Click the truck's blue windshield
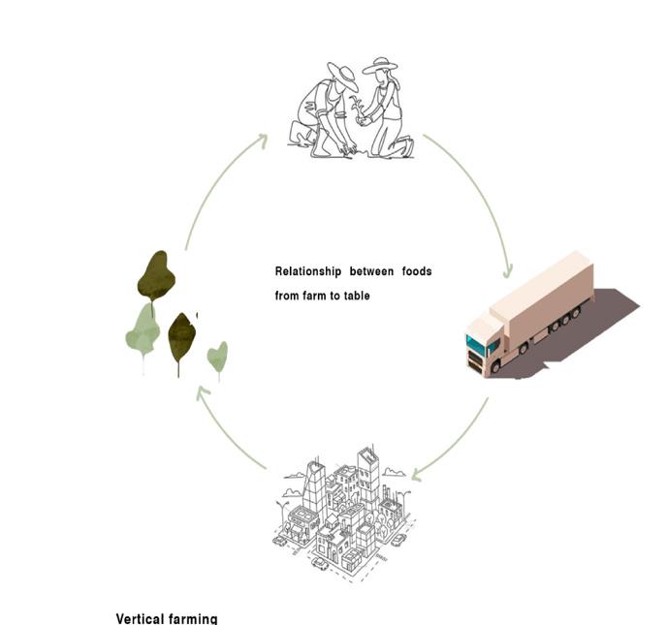(476, 344)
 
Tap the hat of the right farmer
(380, 65)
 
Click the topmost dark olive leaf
(155, 275)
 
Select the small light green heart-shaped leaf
(218, 357)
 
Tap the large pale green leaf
(143, 330)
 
